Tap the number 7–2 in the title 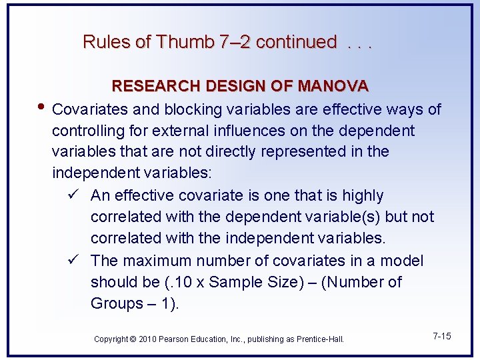pyautogui.click(x=235, y=42)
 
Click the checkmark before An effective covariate pyautogui.click(x=74, y=195)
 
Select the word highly pyautogui.click(x=363, y=195)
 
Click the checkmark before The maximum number pyautogui.click(x=74, y=260)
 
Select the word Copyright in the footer pyautogui.click(x=110, y=339)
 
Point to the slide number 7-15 pyautogui.click(x=441, y=336)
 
